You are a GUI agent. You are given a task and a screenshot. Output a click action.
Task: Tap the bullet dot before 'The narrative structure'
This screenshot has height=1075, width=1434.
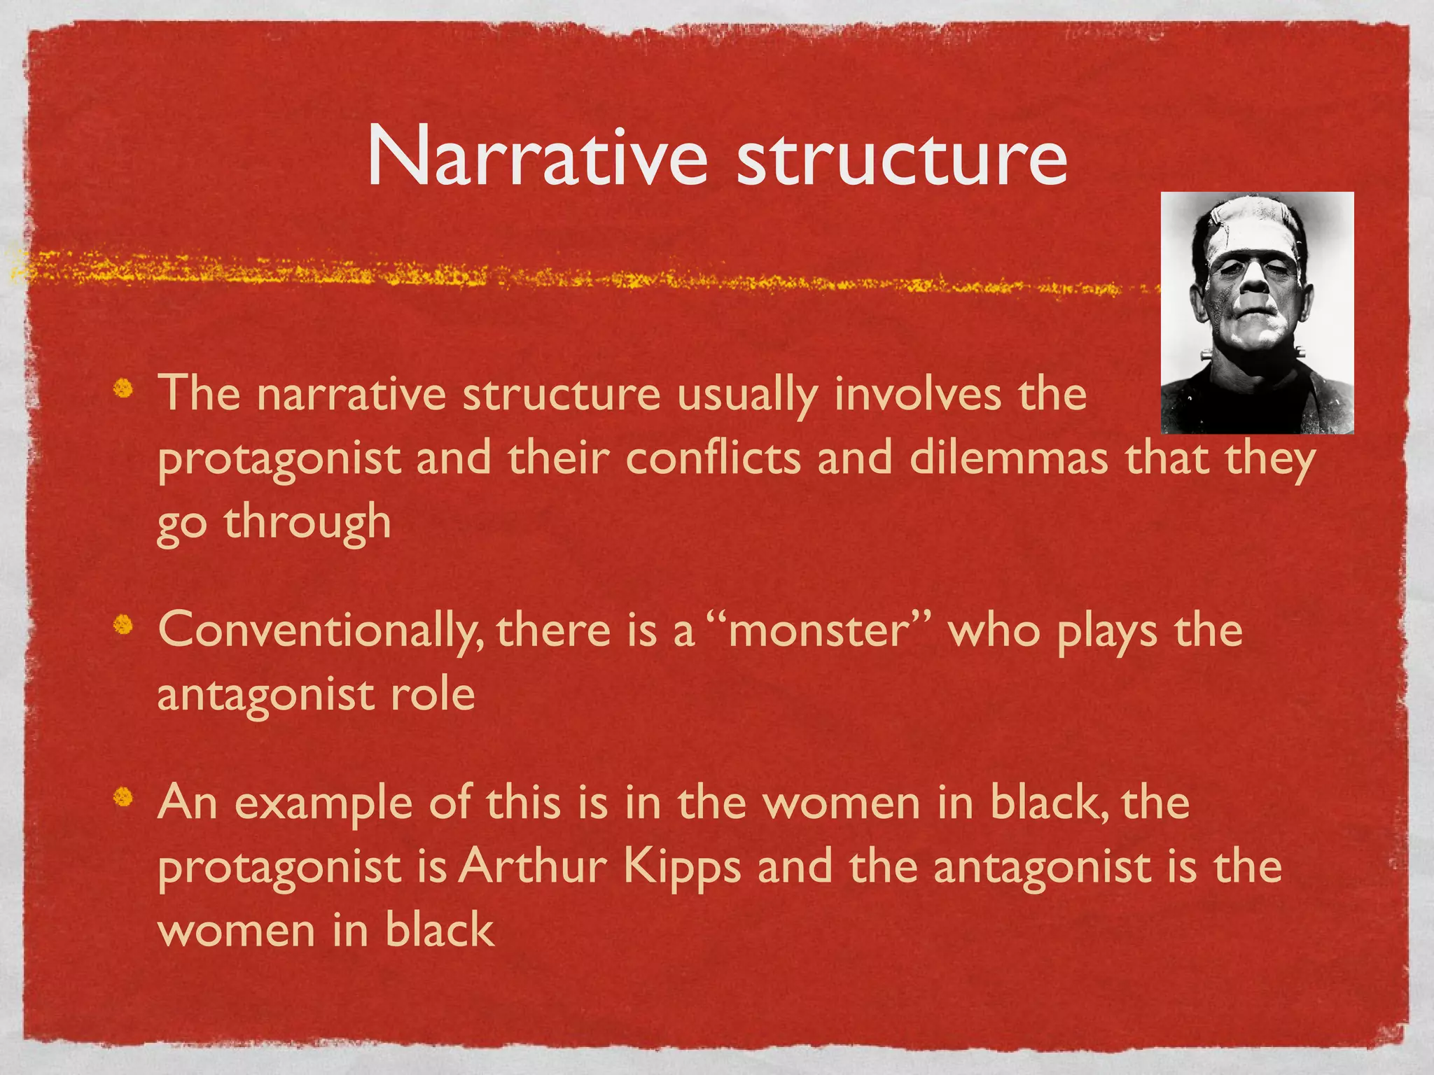[124, 386]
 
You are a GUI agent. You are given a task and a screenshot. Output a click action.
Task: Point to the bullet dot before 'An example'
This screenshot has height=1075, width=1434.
[124, 796]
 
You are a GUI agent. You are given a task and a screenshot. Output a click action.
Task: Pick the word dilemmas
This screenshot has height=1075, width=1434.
[1008, 458]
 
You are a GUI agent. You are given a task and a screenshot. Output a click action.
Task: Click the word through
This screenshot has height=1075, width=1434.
[307, 523]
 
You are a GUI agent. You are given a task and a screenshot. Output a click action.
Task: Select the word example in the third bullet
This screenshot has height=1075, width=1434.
[323, 803]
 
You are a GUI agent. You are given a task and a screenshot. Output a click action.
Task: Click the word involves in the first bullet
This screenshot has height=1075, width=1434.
[918, 393]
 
